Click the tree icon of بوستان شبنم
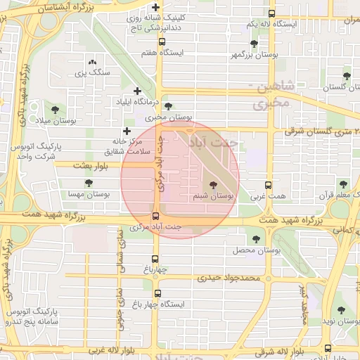click(x=214, y=184)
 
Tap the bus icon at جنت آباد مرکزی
click(x=155, y=216)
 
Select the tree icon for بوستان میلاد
click(x=55, y=109)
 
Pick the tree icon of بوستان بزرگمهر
click(x=254, y=44)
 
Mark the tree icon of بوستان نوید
click(x=341, y=309)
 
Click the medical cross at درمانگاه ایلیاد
click(x=137, y=91)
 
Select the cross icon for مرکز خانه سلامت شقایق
click(x=127, y=131)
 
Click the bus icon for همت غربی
click(x=267, y=184)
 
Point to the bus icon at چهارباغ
click(x=155, y=258)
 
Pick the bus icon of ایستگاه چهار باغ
click(x=155, y=293)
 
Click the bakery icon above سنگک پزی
click(x=92, y=63)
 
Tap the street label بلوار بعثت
click(x=89, y=165)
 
